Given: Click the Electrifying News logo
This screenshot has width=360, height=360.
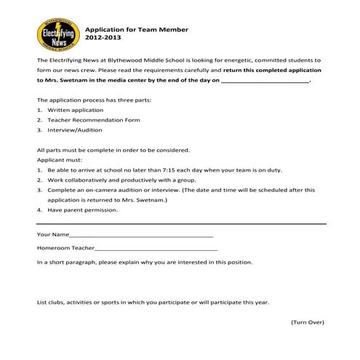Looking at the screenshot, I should pyautogui.click(x=57, y=35).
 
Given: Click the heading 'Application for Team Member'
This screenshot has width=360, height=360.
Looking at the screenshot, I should pyautogui.click(x=137, y=30).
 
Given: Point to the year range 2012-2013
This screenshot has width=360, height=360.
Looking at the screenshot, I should pyautogui.click(x=104, y=38).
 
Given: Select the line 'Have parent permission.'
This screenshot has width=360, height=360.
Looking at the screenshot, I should pyautogui.click(x=82, y=210).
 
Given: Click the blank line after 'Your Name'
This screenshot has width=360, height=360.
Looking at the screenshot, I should pyautogui.click(x=141, y=236).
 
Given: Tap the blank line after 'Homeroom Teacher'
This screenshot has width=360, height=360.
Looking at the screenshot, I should pyautogui.click(x=155, y=249).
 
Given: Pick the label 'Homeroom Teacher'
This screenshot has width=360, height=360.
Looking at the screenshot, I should pyautogui.click(x=64, y=249).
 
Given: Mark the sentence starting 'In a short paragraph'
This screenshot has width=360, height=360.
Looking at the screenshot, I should pyautogui.click(x=145, y=261).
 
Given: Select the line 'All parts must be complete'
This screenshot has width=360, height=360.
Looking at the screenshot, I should pyautogui.click(x=113, y=149).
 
